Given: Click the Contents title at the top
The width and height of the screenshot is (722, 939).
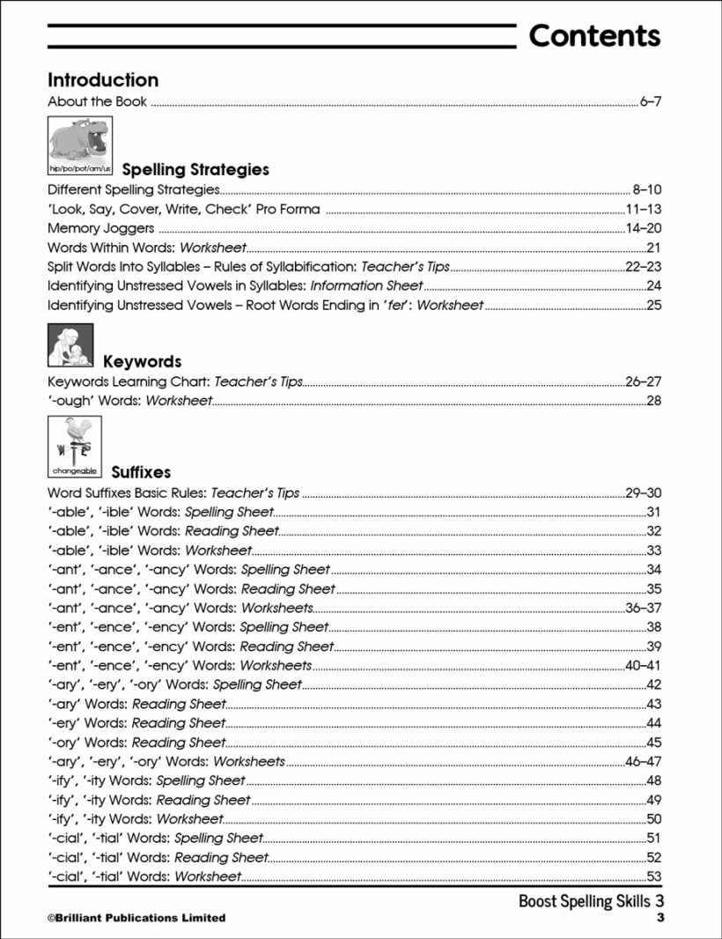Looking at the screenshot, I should tap(594, 36).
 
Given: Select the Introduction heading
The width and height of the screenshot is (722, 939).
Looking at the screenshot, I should tap(103, 80).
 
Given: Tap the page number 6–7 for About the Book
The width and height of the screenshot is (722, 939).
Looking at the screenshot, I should tap(650, 102).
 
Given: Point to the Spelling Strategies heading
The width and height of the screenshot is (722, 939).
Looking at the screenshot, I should tap(195, 169).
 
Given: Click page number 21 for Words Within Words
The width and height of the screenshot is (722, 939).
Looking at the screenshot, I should tap(653, 248).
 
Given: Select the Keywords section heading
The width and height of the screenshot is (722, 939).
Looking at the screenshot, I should tap(143, 361).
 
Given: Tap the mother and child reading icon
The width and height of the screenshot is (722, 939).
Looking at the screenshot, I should tap(70, 346).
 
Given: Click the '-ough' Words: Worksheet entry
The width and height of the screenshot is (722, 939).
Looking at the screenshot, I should tap(130, 401).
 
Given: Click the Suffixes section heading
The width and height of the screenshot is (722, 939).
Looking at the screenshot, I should tap(137, 472).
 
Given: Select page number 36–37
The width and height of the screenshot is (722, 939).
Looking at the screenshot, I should tap(643, 609).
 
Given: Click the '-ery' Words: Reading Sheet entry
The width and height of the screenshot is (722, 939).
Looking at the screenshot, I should tap(136, 723).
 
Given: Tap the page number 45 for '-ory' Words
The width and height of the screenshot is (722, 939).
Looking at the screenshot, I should tap(653, 743).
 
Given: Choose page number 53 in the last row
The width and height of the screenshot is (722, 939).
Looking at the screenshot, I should tap(653, 876).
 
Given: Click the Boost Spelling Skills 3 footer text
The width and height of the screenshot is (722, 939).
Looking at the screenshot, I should tap(590, 901).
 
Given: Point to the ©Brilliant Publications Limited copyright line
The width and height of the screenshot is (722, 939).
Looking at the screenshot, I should tap(136, 918).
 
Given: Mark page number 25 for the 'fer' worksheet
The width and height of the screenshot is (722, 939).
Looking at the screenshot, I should tap(653, 306).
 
